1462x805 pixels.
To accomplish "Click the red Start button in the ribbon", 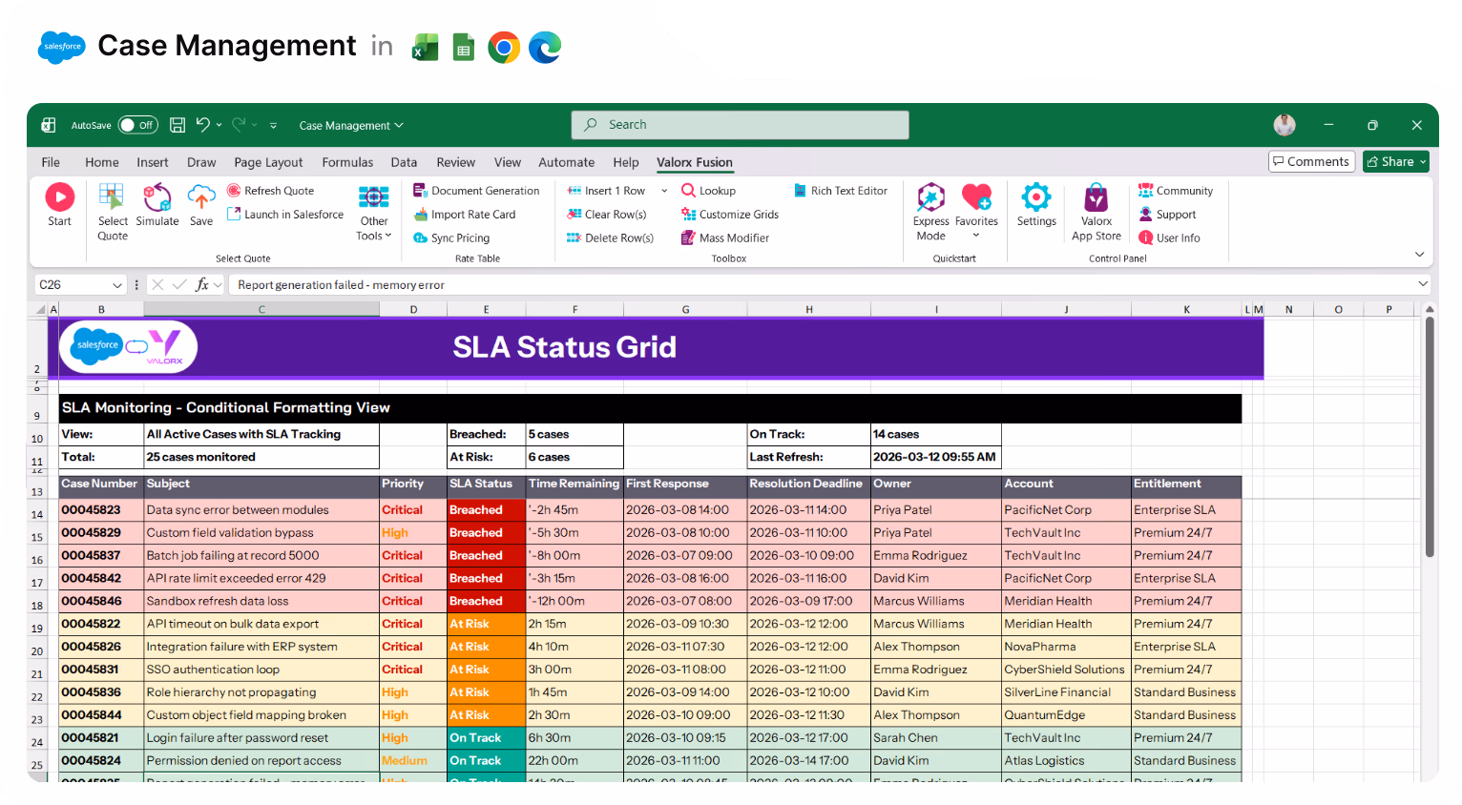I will click(x=59, y=197).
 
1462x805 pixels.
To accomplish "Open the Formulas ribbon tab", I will click(x=347, y=162).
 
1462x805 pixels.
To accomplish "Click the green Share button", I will click(x=1395, y=162).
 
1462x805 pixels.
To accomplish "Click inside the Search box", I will click(x=740, y=125).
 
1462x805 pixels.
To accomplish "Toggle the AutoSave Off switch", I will click(x=138, y=125).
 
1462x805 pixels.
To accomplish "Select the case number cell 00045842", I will click(x=92, y=578).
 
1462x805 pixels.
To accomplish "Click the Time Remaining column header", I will click(x=574, y=484).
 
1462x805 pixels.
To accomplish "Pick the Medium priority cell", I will click(x=405, y=761).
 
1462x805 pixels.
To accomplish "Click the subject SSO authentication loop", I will click(x=213, y=670).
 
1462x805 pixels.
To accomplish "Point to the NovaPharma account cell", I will click(x=1040, y=647).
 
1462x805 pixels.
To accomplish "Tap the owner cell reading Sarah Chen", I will click(x=906, y=738).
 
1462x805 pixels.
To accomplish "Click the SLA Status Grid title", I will click(x=564, y=347).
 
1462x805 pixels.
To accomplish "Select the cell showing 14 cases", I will click(x=897, y=434).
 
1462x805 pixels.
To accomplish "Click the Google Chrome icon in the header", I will click(x=504, y=47).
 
